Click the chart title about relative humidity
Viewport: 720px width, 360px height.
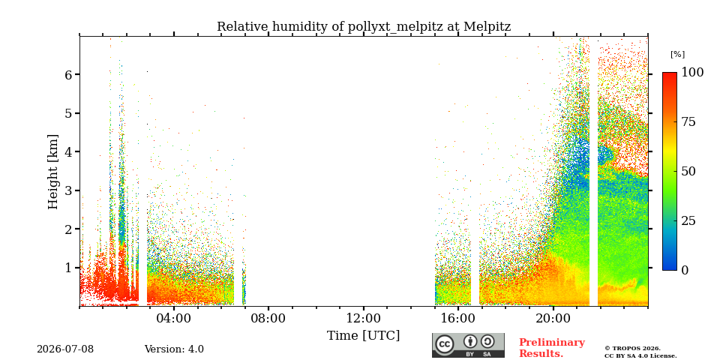(364, 27)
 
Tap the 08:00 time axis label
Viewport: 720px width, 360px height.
(268, 318)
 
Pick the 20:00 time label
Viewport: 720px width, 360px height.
(553, 318)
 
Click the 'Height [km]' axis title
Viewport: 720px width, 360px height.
(53, 172)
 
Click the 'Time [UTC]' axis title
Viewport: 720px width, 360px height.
(363, 336)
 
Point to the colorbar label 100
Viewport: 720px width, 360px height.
(692, 72)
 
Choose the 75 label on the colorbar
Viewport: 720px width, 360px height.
(688, 121)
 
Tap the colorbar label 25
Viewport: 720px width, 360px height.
(688, 220)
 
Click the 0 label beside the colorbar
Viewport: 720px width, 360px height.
(685, 271)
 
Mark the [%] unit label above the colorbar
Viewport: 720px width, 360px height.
(677, 55)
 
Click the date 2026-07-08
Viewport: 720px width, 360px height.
(65, 349)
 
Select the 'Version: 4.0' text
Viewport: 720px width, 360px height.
(174, 349)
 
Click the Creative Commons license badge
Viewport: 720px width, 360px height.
(468, 345)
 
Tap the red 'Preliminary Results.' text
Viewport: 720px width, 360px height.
(552, 348)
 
